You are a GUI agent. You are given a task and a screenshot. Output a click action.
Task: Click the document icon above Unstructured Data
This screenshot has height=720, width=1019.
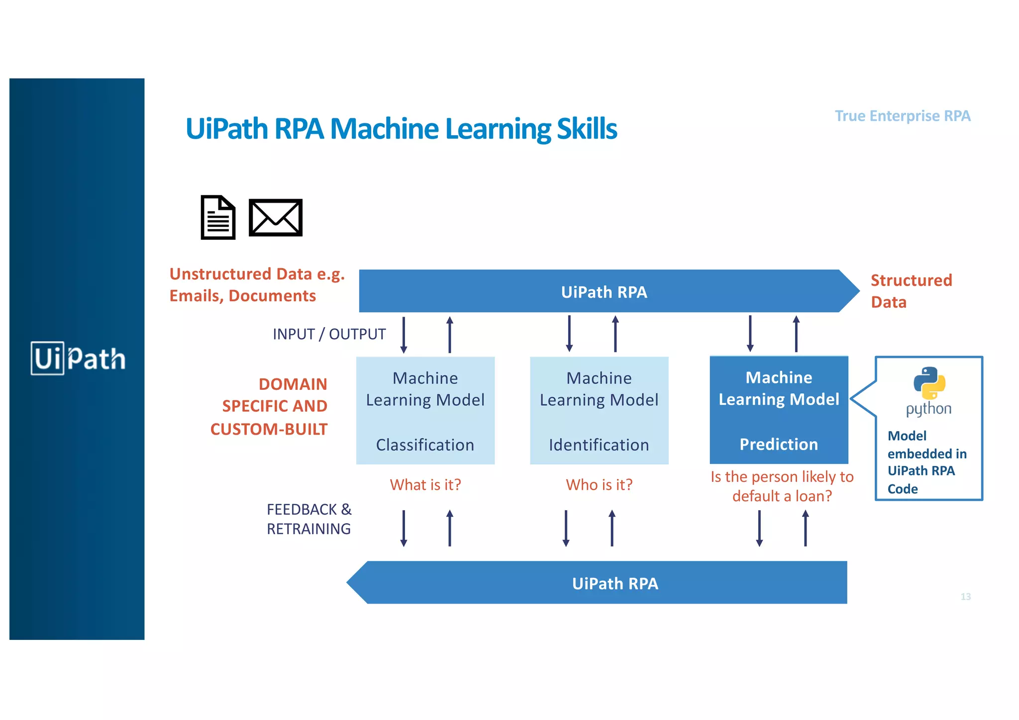coord(218,217)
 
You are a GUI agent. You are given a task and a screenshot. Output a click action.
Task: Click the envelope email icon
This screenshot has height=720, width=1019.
coord(275,217)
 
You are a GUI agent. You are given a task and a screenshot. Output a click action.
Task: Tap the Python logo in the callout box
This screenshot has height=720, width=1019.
coord(929,383)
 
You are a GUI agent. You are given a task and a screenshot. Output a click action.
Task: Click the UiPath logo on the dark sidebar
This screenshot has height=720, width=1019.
coord(78,358)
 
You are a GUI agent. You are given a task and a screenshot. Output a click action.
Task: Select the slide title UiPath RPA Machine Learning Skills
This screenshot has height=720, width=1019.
coord(401,129)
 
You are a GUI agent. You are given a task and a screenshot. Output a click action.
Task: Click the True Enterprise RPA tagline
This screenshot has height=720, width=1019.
coord(902,116)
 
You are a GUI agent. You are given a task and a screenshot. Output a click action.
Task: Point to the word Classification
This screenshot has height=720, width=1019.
coord(425,445)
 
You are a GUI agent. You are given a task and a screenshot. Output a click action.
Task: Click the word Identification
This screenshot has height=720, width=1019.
coord(599,445)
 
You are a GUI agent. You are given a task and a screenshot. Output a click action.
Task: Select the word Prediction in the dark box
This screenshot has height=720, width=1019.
coord(779,444)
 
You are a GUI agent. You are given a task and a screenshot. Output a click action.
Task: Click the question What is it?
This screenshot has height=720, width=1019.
coord(425,484)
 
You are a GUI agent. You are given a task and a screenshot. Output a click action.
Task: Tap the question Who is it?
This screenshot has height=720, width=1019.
coord(599,484)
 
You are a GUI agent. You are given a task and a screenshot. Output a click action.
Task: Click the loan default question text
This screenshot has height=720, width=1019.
coord(782,486)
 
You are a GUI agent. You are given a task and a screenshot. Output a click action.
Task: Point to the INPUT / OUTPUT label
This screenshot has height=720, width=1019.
coord(329,334)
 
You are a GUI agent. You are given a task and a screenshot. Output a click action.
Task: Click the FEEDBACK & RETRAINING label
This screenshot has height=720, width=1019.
coord(309,519)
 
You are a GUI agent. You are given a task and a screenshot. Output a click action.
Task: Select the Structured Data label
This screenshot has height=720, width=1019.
coord(911,291)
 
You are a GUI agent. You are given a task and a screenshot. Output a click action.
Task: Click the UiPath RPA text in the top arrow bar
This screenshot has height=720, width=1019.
coord(604,292)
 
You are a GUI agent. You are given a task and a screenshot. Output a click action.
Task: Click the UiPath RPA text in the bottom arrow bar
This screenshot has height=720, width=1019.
coord(615,583)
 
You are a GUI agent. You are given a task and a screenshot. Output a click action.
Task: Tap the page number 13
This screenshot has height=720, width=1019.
coord(965,597)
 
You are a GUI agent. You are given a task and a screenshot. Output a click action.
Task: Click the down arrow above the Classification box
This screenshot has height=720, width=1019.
coord(404,335)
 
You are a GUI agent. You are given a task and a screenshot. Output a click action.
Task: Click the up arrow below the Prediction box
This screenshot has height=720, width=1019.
coord(805,529)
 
